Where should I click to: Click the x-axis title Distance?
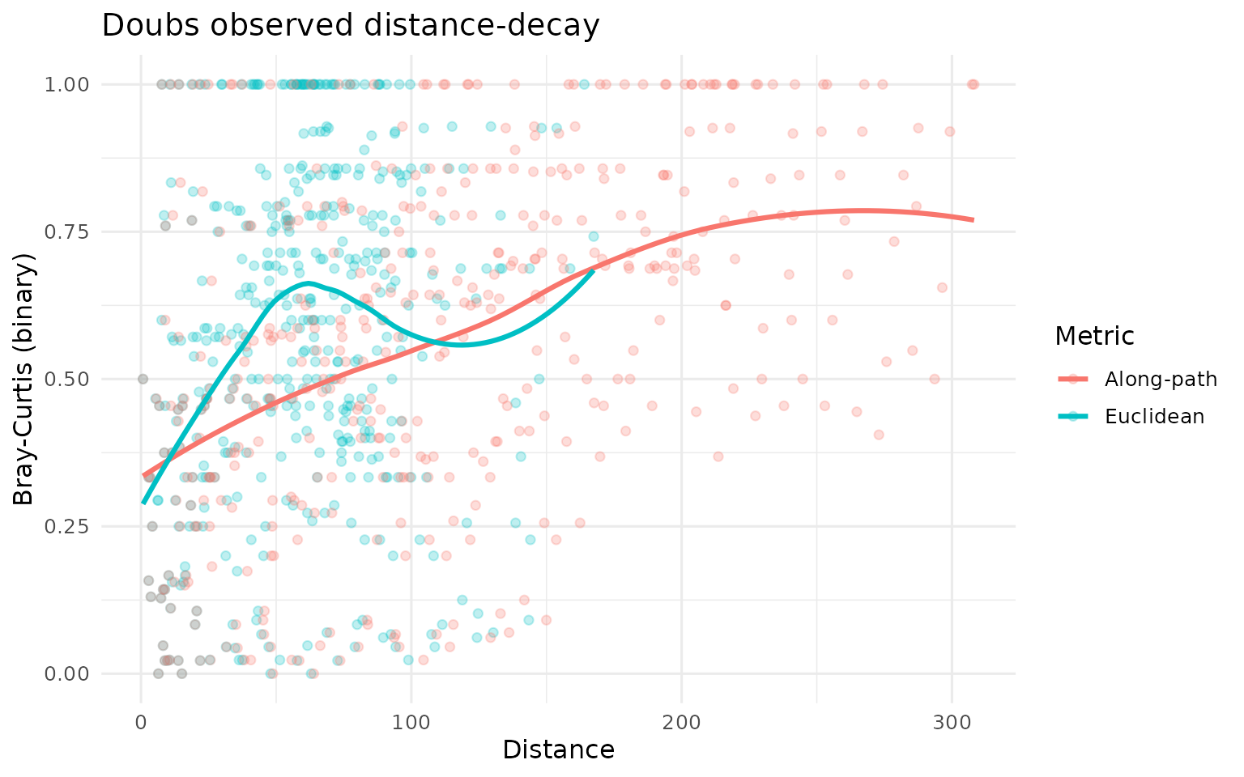point(558,749)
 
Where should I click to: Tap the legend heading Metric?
point(1093,335)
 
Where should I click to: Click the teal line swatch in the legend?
point(1073,416)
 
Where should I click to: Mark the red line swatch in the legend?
point(1073,380)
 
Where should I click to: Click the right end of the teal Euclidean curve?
point(594,270)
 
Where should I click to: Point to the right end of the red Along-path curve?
point(972,219)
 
